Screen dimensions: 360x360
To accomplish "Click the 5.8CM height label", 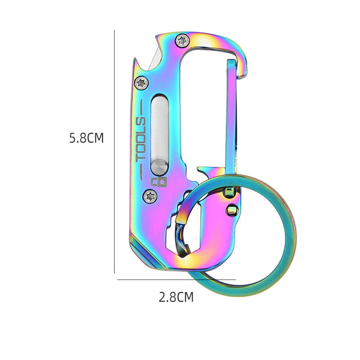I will click(x=86, y=138).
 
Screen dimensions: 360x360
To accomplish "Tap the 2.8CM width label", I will click(x=176, y=297).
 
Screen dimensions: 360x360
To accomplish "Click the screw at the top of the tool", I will click(x=182, y=40).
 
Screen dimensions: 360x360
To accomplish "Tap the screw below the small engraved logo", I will click(x=150, y=195).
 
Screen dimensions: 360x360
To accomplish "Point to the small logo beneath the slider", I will click(x=158, y=182).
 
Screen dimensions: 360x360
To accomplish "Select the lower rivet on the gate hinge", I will click(x=232, y=210).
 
